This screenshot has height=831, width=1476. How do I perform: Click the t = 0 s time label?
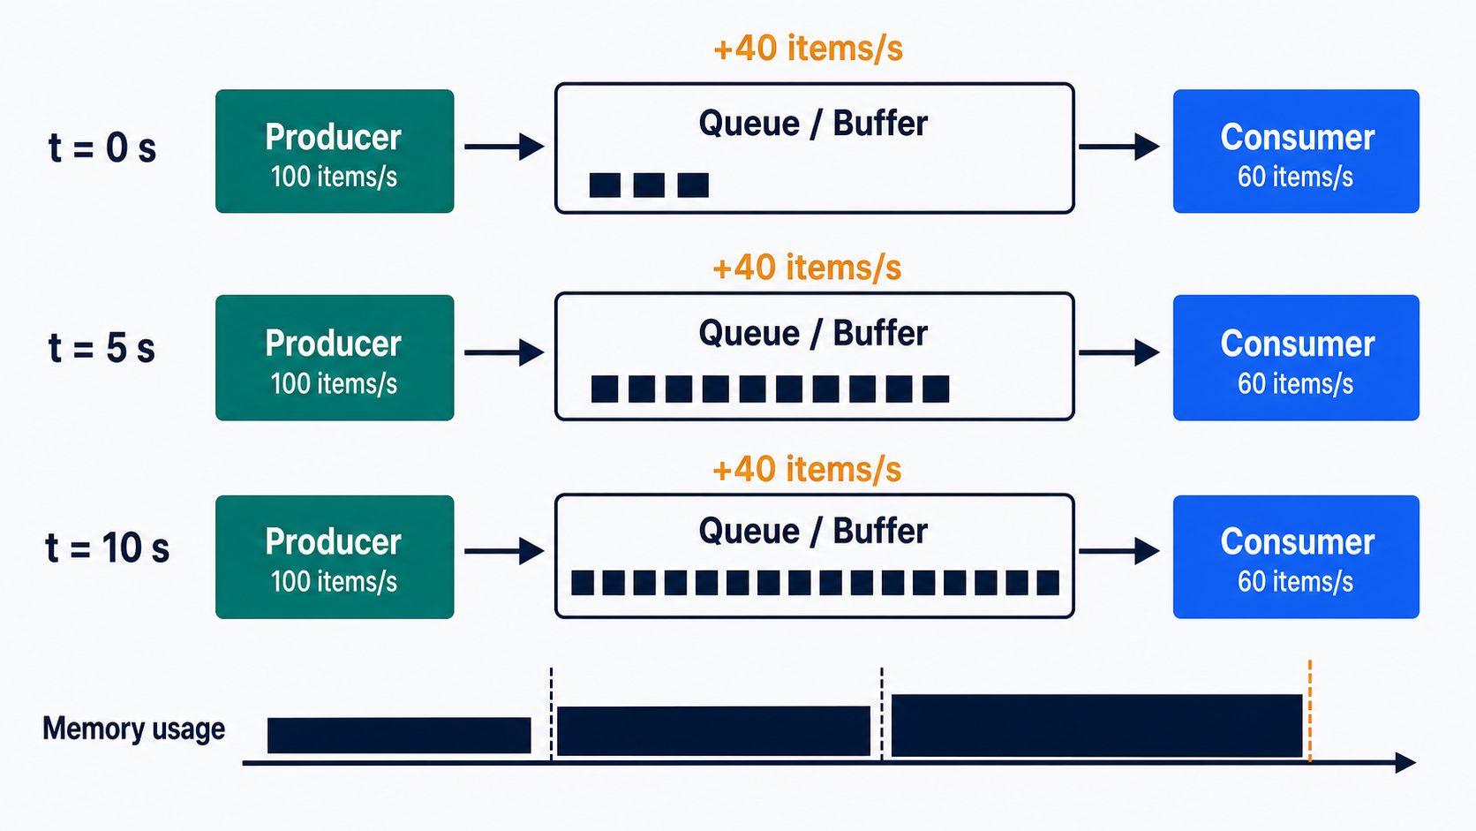[102, 147]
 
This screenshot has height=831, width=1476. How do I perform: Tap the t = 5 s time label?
[102, 348]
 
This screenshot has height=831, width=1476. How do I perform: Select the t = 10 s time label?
[107, 548]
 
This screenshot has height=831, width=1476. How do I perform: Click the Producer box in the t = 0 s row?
[335, 151]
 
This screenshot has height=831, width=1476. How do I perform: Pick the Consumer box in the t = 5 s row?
[1296, 357]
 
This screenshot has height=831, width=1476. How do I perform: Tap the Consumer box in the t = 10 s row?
[1296, 557]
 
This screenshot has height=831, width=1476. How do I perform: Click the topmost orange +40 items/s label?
[808, 49]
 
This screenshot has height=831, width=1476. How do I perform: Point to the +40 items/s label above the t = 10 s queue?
[807, 470]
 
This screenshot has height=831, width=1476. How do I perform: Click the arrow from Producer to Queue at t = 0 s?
[504, 147]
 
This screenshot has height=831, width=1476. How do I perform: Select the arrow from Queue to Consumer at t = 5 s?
[1118, 352]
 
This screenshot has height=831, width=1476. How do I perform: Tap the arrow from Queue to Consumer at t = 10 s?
[1118, 551]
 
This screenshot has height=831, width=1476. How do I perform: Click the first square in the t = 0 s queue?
[605, 185]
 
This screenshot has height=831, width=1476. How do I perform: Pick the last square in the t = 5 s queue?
[936, 389]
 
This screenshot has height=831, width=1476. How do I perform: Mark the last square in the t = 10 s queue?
[1048, 583]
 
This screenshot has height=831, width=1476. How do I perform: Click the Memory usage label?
[134, 729]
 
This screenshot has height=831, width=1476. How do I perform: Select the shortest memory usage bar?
[399, 736]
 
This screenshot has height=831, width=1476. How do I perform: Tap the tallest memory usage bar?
[1097, 726]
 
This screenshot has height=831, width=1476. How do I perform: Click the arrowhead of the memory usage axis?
[1406, 762]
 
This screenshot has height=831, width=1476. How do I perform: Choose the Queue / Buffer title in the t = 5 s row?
[813, 333]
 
